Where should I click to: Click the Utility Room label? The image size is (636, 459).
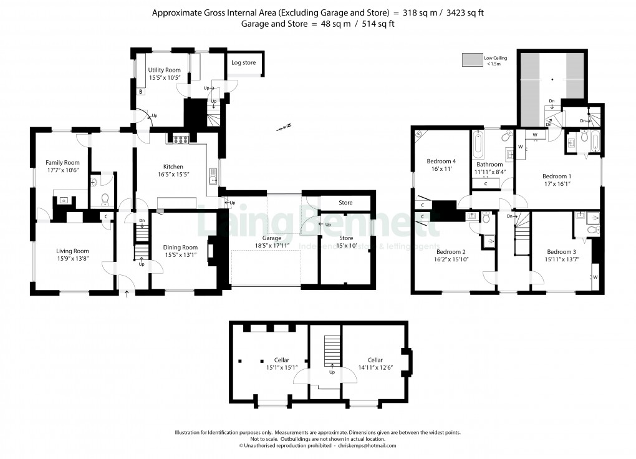165,70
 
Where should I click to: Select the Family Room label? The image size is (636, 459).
62,163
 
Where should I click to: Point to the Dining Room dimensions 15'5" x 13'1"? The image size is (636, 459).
180,254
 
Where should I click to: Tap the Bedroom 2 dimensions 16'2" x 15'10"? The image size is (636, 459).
446,259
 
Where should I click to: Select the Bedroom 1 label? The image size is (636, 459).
556,176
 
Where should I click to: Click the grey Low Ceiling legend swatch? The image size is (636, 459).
471,60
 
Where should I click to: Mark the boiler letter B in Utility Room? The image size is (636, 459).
141,92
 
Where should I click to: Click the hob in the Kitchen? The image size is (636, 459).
181,140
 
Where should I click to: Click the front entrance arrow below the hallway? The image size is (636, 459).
127,293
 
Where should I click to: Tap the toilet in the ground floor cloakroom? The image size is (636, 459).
104,200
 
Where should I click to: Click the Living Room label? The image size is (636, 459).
73,251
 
